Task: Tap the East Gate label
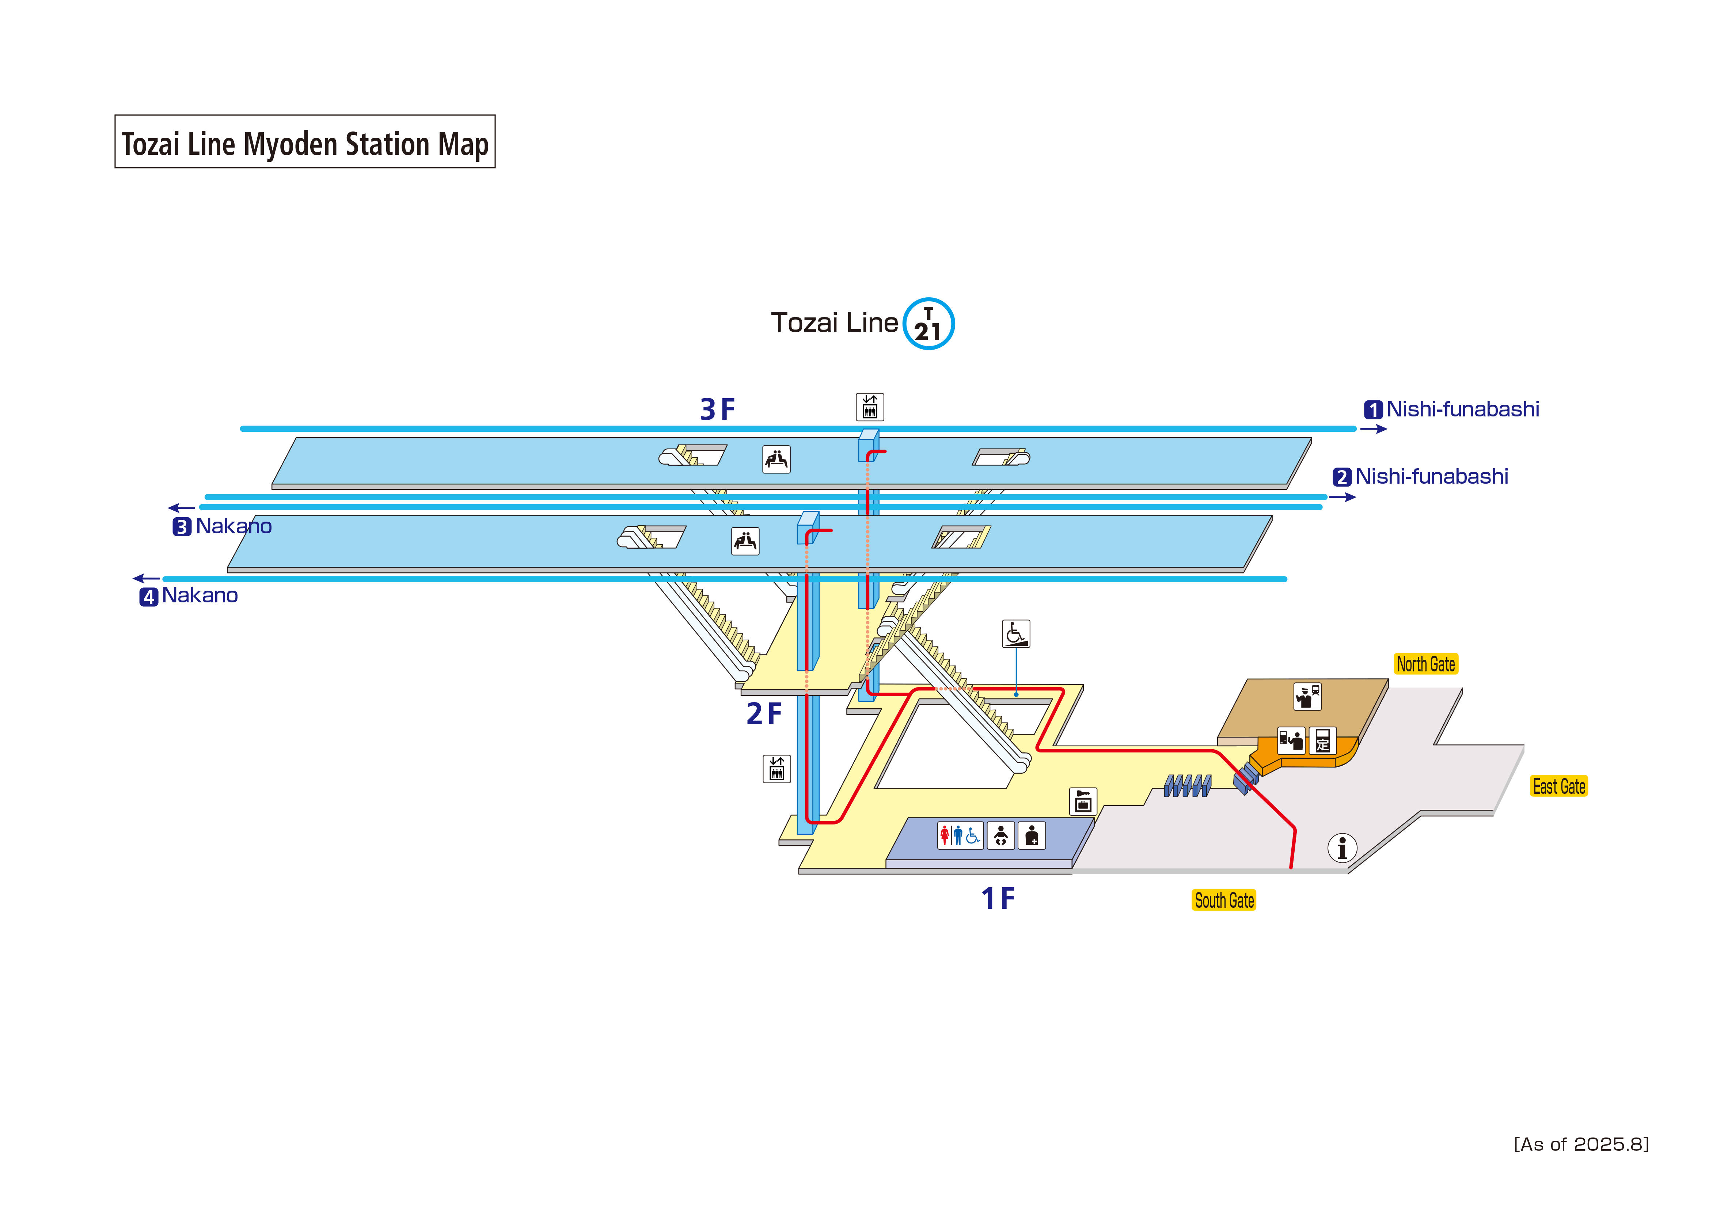coord(1559,787)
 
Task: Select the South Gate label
coord(1224,900)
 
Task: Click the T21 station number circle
coord(928,324)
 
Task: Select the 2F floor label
coord(764,714)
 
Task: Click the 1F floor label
coord(998,899)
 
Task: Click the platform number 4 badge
coord(149,597)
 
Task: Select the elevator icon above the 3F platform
coord(869,407)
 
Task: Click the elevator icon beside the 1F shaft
coord(776,769)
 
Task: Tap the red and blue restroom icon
coord(960,836)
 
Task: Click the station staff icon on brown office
coord(1307,696)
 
